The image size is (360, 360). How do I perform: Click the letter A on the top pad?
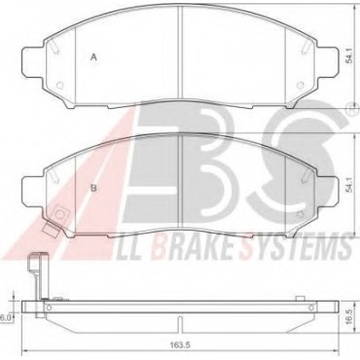point(93,57)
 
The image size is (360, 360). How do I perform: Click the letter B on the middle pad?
point(93,188)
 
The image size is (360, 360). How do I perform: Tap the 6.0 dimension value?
point(4,318)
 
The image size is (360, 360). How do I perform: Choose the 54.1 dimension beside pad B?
point(348,186)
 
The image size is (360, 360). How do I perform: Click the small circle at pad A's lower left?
point(59,85)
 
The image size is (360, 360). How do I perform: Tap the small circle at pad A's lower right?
point(301,85)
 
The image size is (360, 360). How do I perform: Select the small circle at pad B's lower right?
point(301,214)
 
